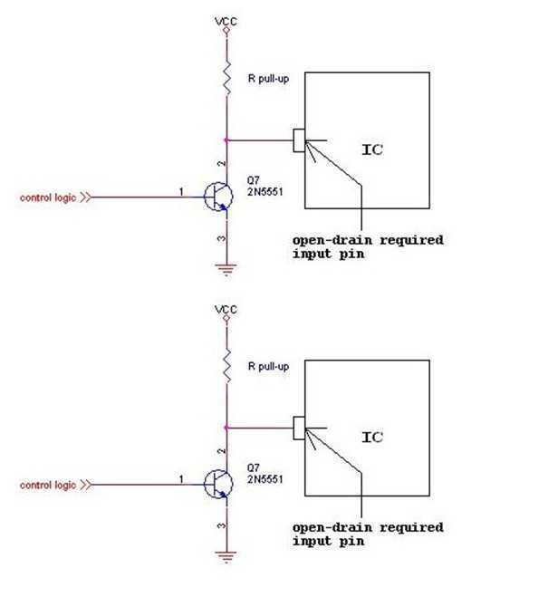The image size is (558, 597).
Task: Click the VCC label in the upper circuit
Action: pyautogui.click(x=226, y=20)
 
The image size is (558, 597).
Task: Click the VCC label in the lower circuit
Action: pyautogui.click(x=226, y=309)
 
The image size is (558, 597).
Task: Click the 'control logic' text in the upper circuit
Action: pyautogui.click(x=48, y=197)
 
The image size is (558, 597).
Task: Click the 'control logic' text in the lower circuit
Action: pyautogui.click(x=48, y=485)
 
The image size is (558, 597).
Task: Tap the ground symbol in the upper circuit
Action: pyautogui.click(x=226, y=266)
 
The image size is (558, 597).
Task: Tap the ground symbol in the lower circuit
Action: pyautogui.click(x=226, y=554)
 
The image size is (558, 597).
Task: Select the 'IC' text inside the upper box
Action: pyautogui.click(x=371, y=149)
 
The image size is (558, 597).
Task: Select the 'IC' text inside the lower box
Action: pyautogui.click(x=371, y=437)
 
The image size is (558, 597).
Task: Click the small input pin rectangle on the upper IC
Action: pyautogui.click(x=299, y=140)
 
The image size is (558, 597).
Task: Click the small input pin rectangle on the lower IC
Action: pyautogui.click(x=299, y=427)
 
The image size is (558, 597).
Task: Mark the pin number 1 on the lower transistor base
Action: pyautogui.click(x=180, y=478)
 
